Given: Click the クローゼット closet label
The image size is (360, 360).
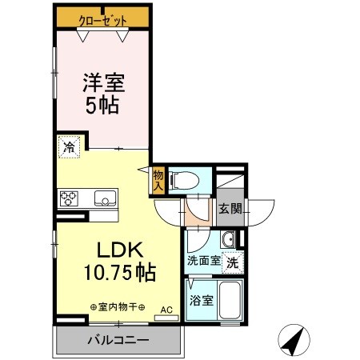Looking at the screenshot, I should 102,17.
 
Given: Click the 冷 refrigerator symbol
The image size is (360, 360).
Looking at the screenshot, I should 68,148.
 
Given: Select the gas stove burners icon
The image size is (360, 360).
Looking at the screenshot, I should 67,198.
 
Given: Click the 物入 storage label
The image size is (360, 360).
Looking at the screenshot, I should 158,181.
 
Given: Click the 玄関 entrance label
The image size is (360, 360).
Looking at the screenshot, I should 229,210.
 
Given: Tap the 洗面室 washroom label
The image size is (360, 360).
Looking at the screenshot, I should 202,260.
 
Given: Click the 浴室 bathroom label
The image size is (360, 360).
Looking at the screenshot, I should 200,302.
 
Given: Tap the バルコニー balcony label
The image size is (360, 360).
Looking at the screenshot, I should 118,340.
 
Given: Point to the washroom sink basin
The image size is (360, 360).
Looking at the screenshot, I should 228,240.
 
